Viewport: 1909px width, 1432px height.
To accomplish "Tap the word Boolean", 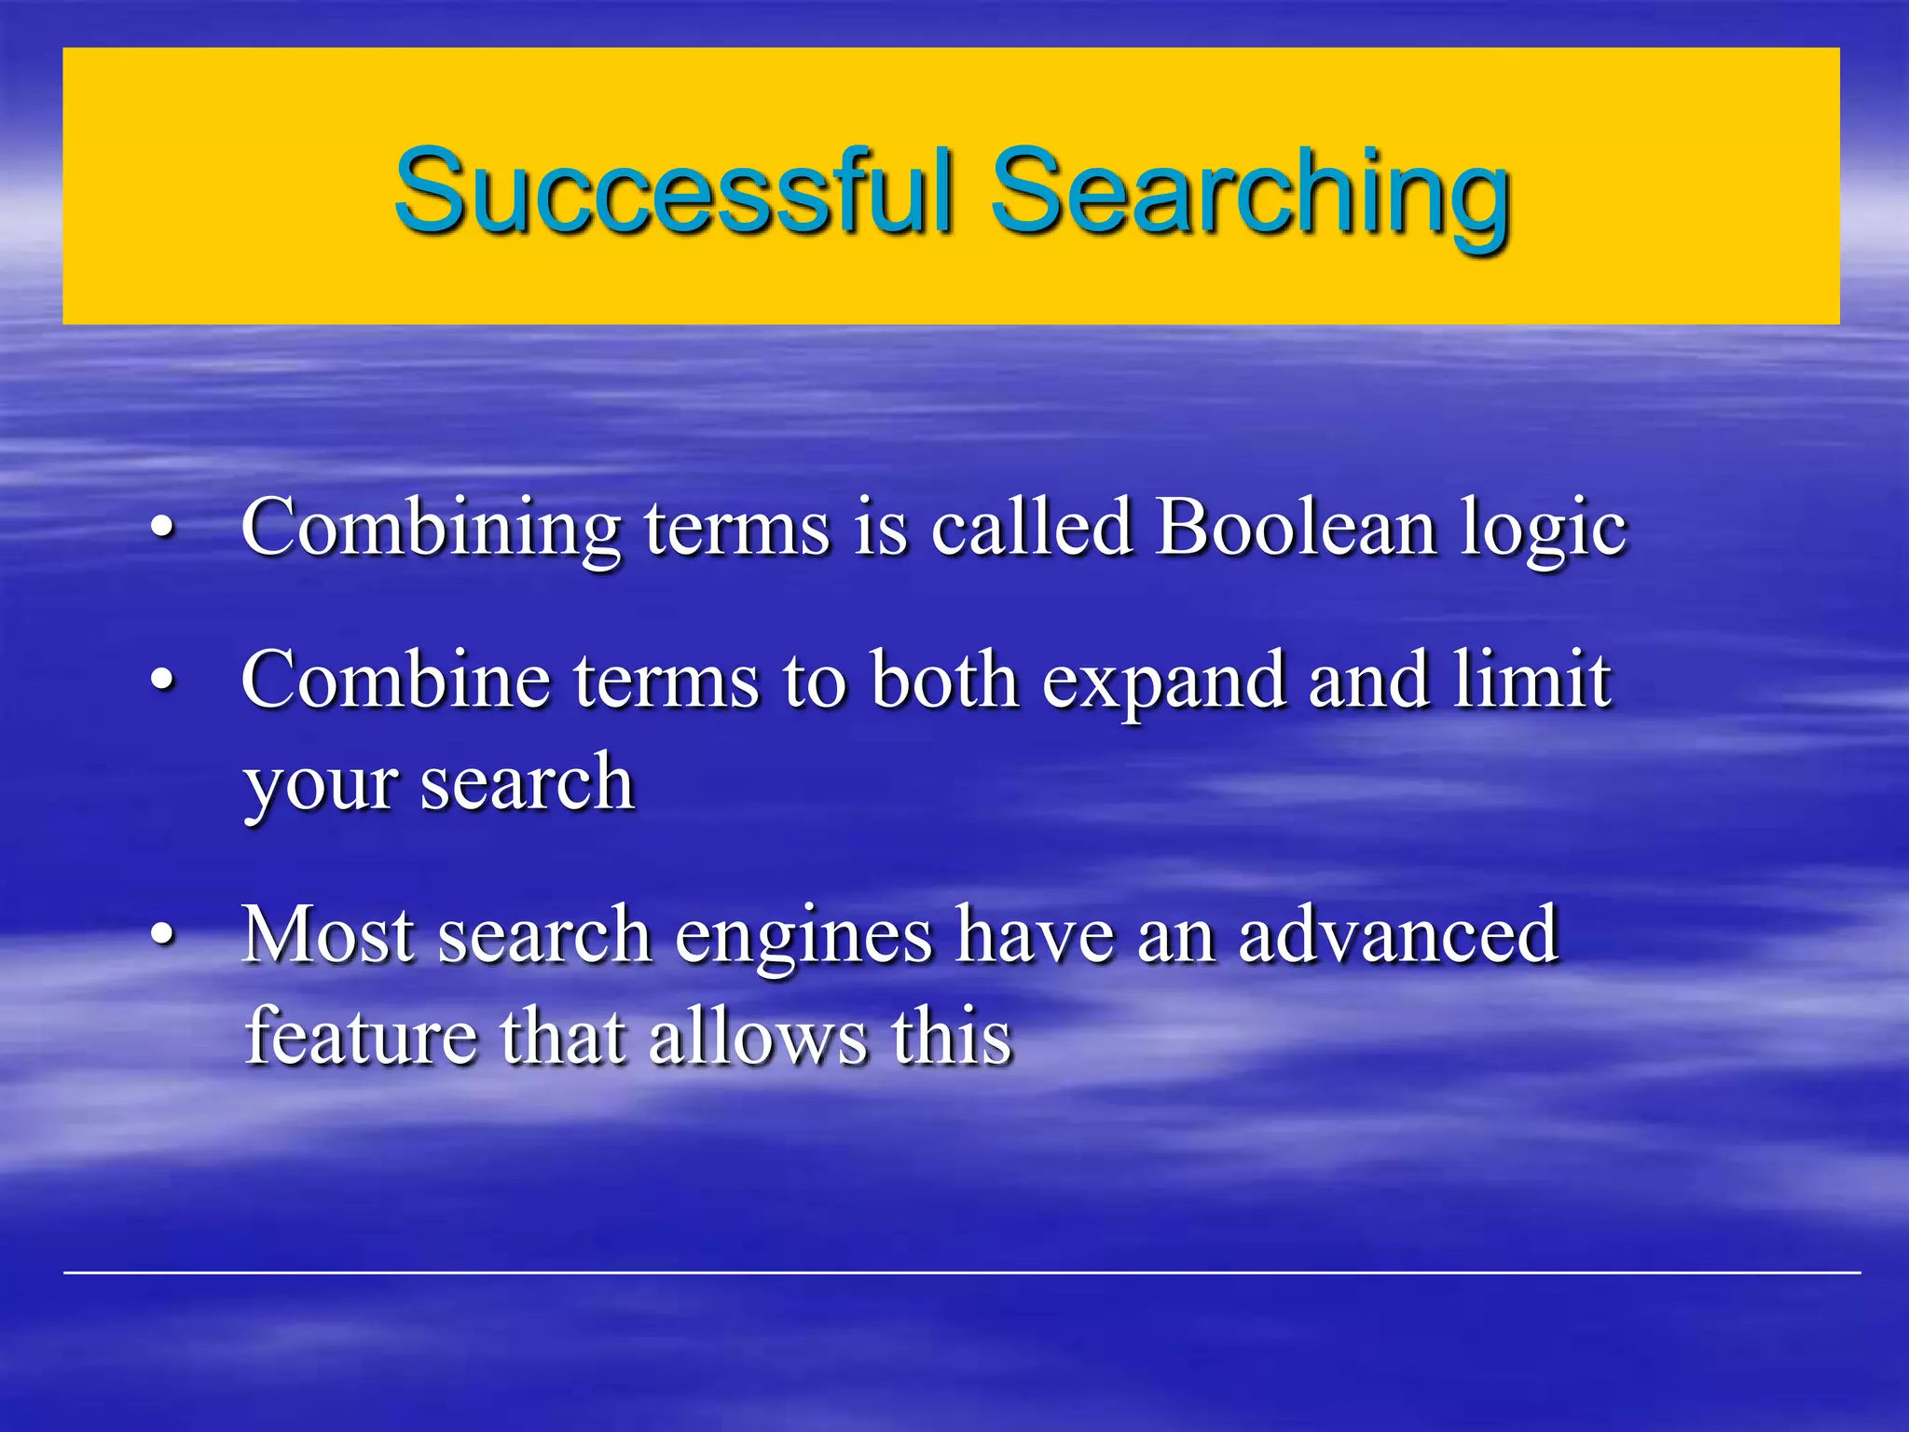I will coord(1296,528).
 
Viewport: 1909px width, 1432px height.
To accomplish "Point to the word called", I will coord(1032,528).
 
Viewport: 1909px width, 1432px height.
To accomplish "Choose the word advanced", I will coord(1398,934).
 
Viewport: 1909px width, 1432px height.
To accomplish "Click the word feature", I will coord(360,1036).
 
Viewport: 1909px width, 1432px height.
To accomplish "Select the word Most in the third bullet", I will coord(327,934).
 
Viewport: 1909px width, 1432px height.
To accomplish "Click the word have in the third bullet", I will coord(1035,934).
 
